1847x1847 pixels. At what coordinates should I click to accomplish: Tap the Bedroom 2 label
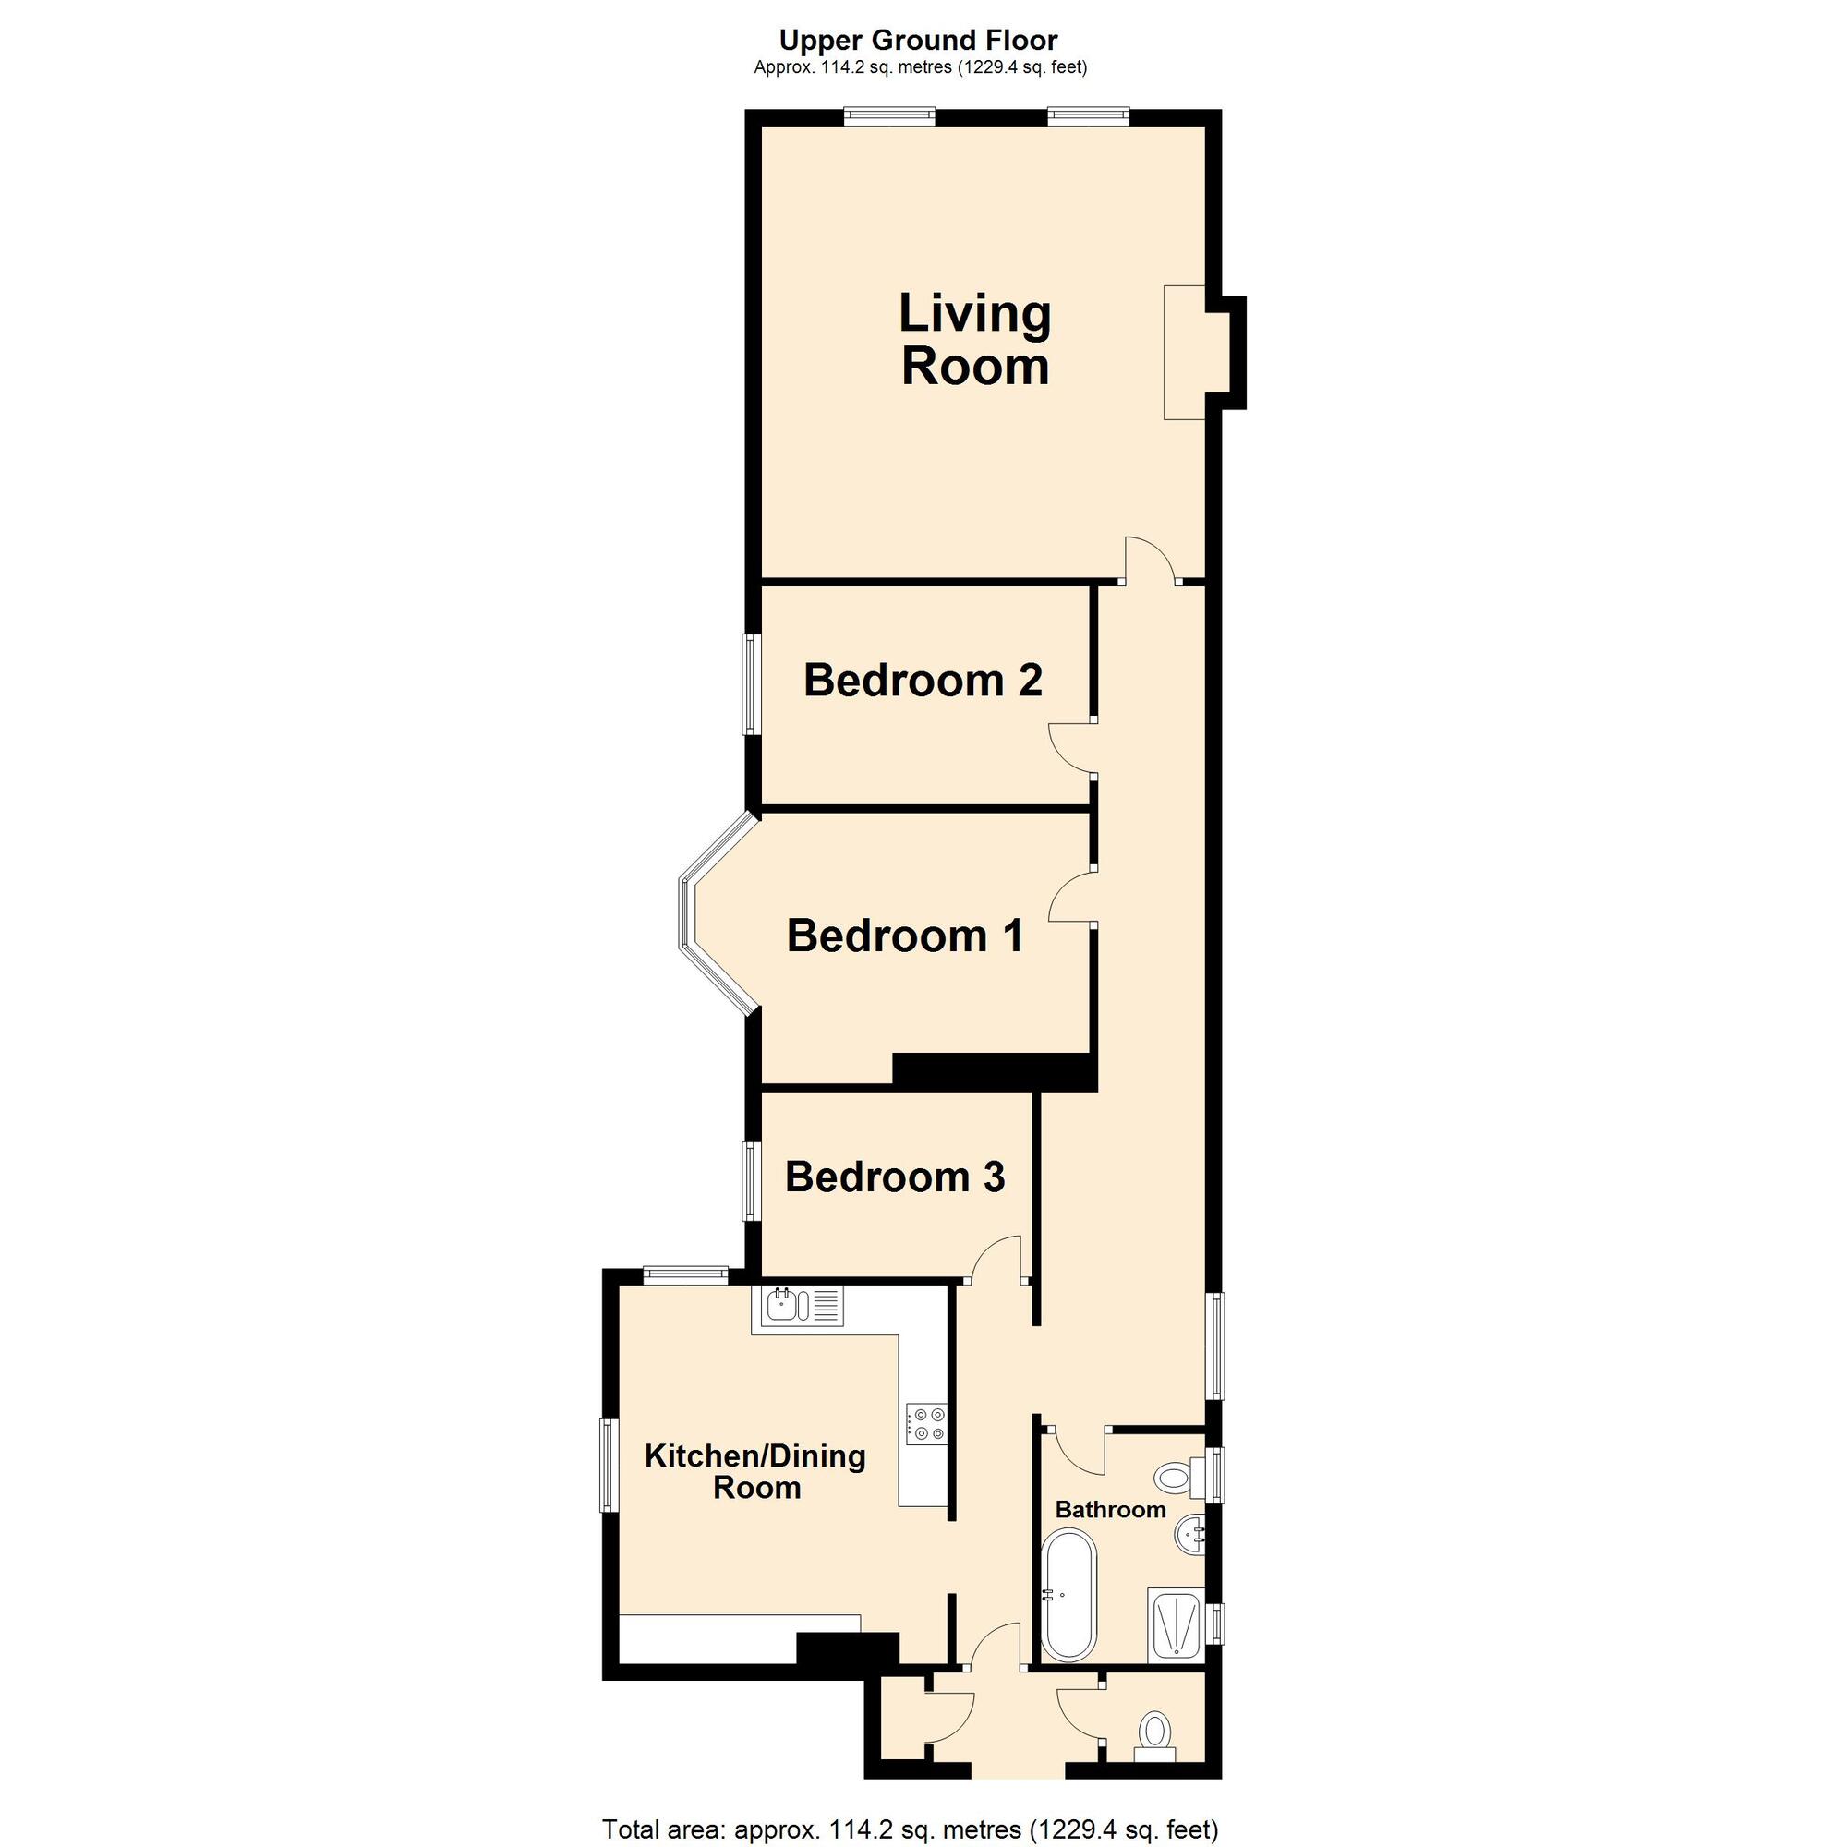(923, 680)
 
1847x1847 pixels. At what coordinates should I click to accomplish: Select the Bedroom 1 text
(904, 935)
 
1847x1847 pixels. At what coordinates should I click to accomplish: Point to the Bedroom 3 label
(895, 1177)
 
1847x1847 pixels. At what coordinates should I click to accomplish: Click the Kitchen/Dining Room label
(755, 1471)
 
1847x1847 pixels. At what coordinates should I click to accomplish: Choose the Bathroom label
(1110, 1510)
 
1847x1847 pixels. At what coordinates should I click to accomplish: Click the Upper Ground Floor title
(919, 40)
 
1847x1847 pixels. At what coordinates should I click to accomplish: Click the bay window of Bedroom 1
(716, 911)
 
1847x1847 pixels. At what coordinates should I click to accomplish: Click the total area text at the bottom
(911, 1829)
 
